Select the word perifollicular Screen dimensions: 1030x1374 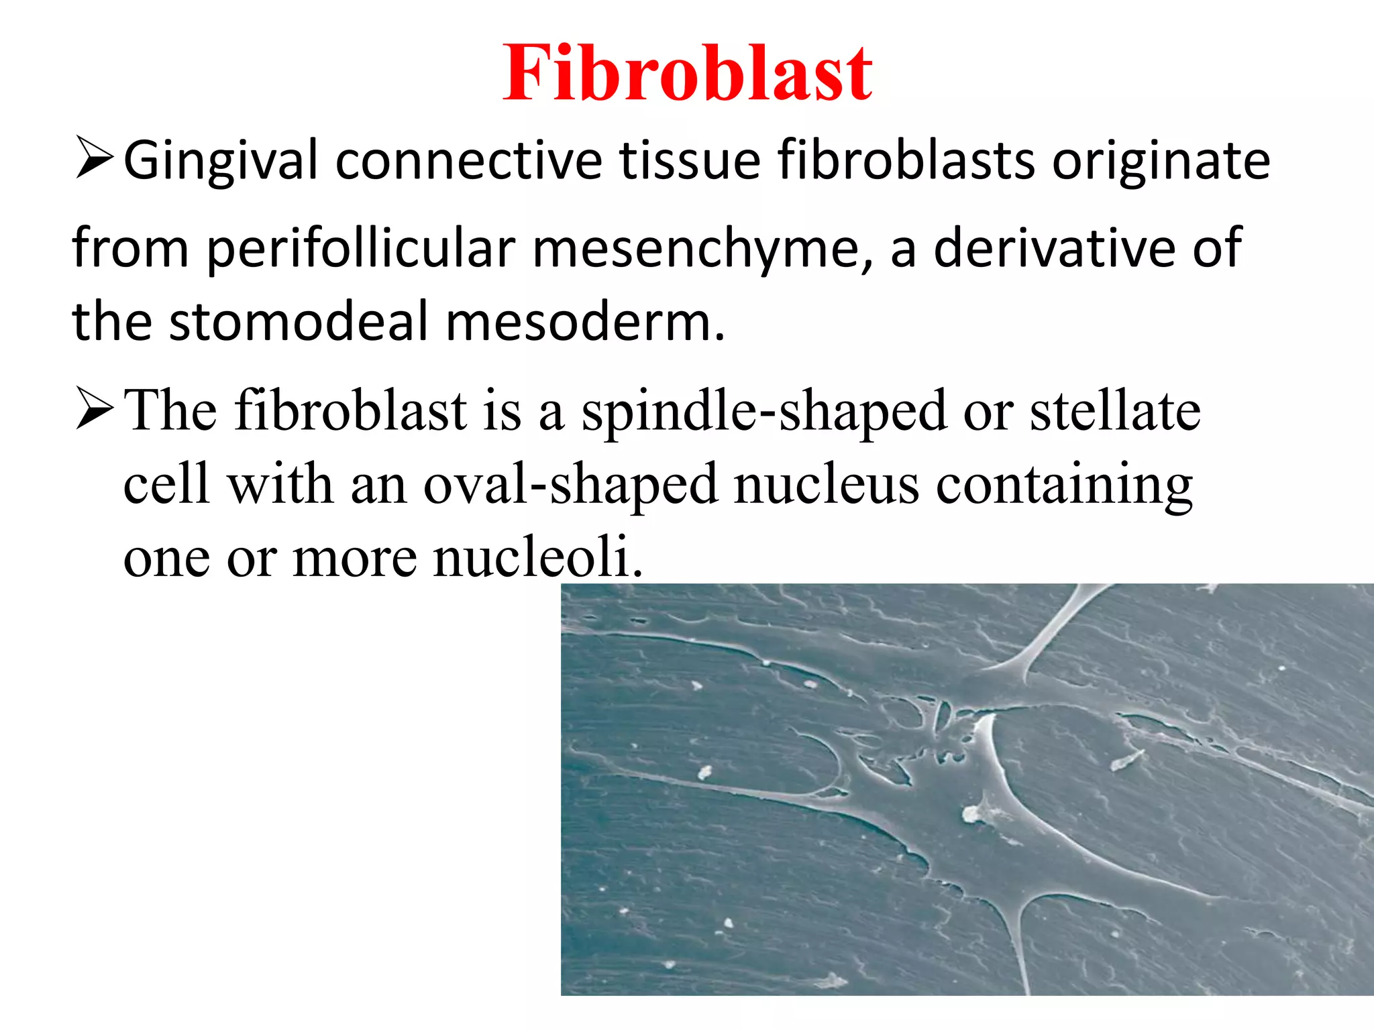point(361,249)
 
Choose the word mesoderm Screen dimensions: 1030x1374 point(585,321)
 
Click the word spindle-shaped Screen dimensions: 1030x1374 point(764,411)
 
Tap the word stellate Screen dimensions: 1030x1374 point(1115,411)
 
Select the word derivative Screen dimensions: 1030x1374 point(1053,249)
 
